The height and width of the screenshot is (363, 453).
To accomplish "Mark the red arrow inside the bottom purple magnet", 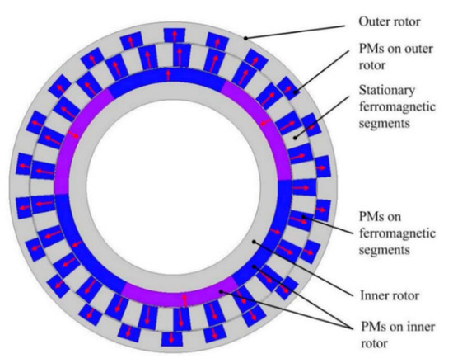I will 183,297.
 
